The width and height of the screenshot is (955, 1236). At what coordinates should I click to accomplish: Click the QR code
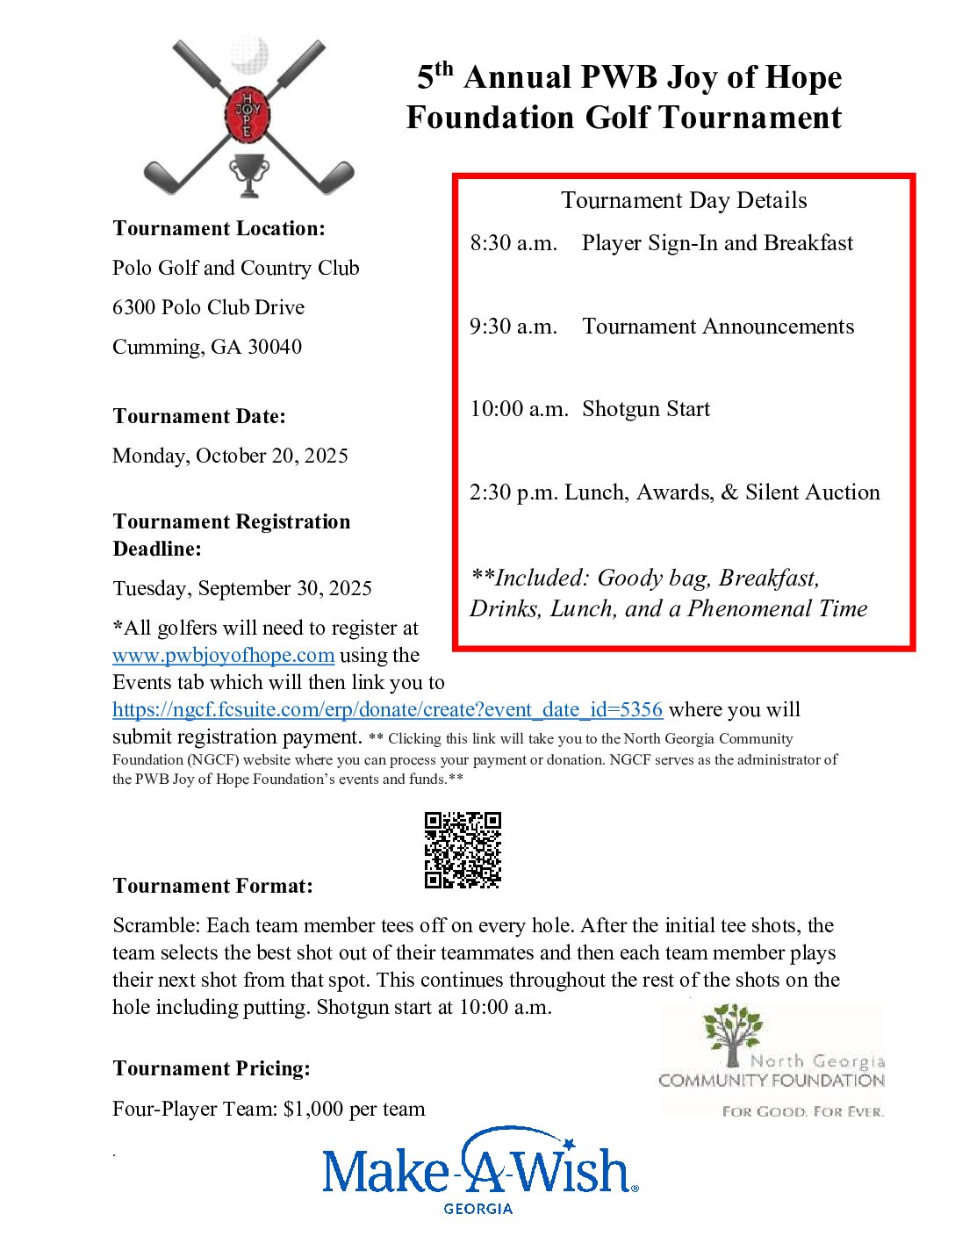(x=463, y=850)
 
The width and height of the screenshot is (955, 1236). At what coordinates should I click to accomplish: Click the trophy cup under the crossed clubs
(x=248, y=174)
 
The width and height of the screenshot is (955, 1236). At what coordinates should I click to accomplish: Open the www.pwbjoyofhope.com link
(x=223, y=656)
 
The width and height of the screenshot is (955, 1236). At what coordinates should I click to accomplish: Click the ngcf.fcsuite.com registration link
(x=387, y=710)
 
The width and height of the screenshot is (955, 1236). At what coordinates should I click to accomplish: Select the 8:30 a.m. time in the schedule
(x=513, y=243)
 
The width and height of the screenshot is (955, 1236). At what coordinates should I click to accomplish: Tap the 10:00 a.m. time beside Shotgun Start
(x=519, y=409)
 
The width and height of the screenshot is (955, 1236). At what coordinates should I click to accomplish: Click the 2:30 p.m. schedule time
(x=513, y=492)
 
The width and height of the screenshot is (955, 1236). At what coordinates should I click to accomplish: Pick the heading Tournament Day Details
(x=684, y=201)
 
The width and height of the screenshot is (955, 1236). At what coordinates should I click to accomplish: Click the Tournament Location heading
(x=219, y=229)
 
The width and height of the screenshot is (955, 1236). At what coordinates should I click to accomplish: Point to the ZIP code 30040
(x=275, y=348)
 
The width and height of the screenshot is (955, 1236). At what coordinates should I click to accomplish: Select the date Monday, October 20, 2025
(x=230, y=456)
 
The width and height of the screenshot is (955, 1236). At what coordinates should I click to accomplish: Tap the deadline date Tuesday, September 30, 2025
(x=242, y=589)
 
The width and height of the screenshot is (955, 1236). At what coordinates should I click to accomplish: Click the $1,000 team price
(x=313, y=1110)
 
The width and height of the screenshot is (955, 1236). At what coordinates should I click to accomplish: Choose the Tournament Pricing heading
(x=212, y=1069)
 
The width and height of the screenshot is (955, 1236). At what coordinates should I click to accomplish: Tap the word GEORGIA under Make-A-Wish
(x=477, y=1209)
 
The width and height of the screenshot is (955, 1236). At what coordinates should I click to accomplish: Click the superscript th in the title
(x=444, y=68)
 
